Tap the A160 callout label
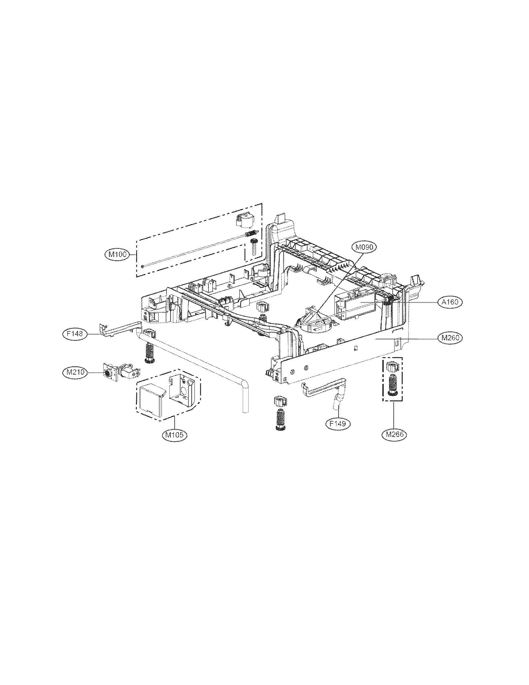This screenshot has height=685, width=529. pyautogui.click(x=450, y=302)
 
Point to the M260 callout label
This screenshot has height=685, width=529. pyautogui.click(x=450, y=338)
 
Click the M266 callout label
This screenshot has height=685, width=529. pyautogui.click(x=394, y=434)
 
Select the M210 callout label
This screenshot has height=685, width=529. pyautogui.click(x=73, y=372)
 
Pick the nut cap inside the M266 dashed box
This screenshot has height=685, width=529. pyautogui.click(x=392, y=366)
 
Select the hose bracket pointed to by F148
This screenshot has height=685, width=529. pyautogui.click(x=119, y=328)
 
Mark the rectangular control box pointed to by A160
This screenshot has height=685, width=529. pyautogui.click(x=356, y=303)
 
